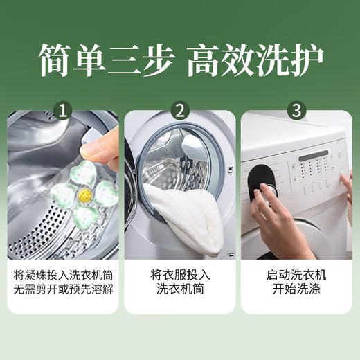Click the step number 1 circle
pos(64,110)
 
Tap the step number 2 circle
pos(181,110)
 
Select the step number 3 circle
pos(297,110)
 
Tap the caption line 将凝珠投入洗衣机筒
pos(64,275)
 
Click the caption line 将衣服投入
pos(180,275)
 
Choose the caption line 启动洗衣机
pos(296,275)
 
